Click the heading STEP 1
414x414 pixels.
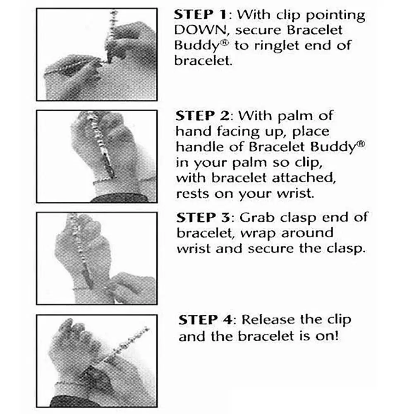click(x=200, y=15)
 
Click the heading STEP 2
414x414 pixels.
click(x=202, y=116)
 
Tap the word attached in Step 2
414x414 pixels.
click(x=304, y=178)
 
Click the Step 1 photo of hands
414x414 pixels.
click(x=97, y=55)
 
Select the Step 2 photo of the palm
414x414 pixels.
click(x=97, y=157)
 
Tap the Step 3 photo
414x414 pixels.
click(x=97, y=258)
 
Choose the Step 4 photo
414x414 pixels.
click(x=97, y=361)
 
